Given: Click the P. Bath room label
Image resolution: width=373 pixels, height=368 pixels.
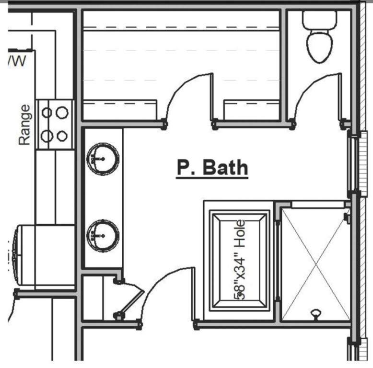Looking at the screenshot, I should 212,168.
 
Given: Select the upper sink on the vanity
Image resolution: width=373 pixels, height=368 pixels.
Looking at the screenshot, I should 103,159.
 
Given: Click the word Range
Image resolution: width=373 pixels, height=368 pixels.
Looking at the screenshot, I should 24,125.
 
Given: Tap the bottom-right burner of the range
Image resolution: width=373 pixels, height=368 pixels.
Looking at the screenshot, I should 62,136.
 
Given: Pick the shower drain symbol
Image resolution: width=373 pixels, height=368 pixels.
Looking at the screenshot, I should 316,314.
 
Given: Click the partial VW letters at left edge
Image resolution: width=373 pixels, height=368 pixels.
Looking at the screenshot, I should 17,60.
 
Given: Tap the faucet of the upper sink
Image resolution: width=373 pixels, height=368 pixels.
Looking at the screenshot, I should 103,158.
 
